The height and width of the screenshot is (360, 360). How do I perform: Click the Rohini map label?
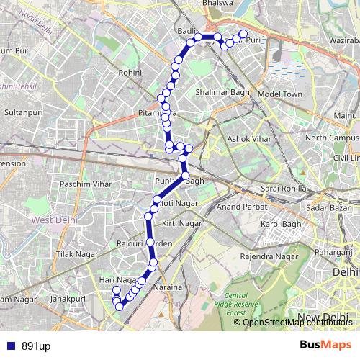coord(131,73)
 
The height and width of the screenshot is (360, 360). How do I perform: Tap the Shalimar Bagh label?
coord(222,93)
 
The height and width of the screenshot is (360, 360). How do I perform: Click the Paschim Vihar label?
coord(87,185)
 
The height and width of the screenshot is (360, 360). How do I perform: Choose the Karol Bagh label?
coord(279,225)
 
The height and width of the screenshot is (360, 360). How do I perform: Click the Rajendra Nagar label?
coord(269,256)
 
